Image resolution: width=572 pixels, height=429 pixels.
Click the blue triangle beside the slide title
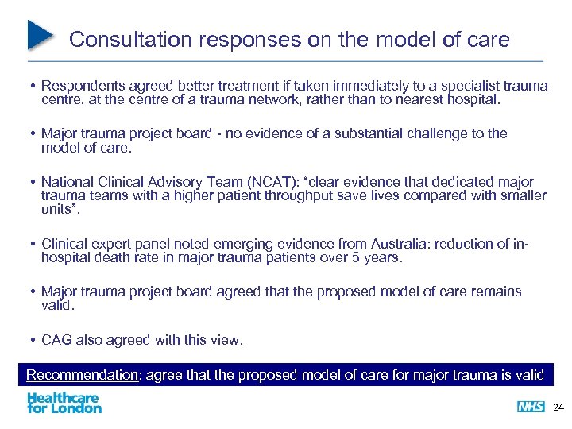point(41,35)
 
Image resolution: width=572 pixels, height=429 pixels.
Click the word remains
point(497,292)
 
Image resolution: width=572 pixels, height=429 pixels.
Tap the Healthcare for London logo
point(64,403)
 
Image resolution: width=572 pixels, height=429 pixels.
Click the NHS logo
point(530,407)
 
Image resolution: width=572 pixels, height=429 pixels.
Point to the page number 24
point(557,408)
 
